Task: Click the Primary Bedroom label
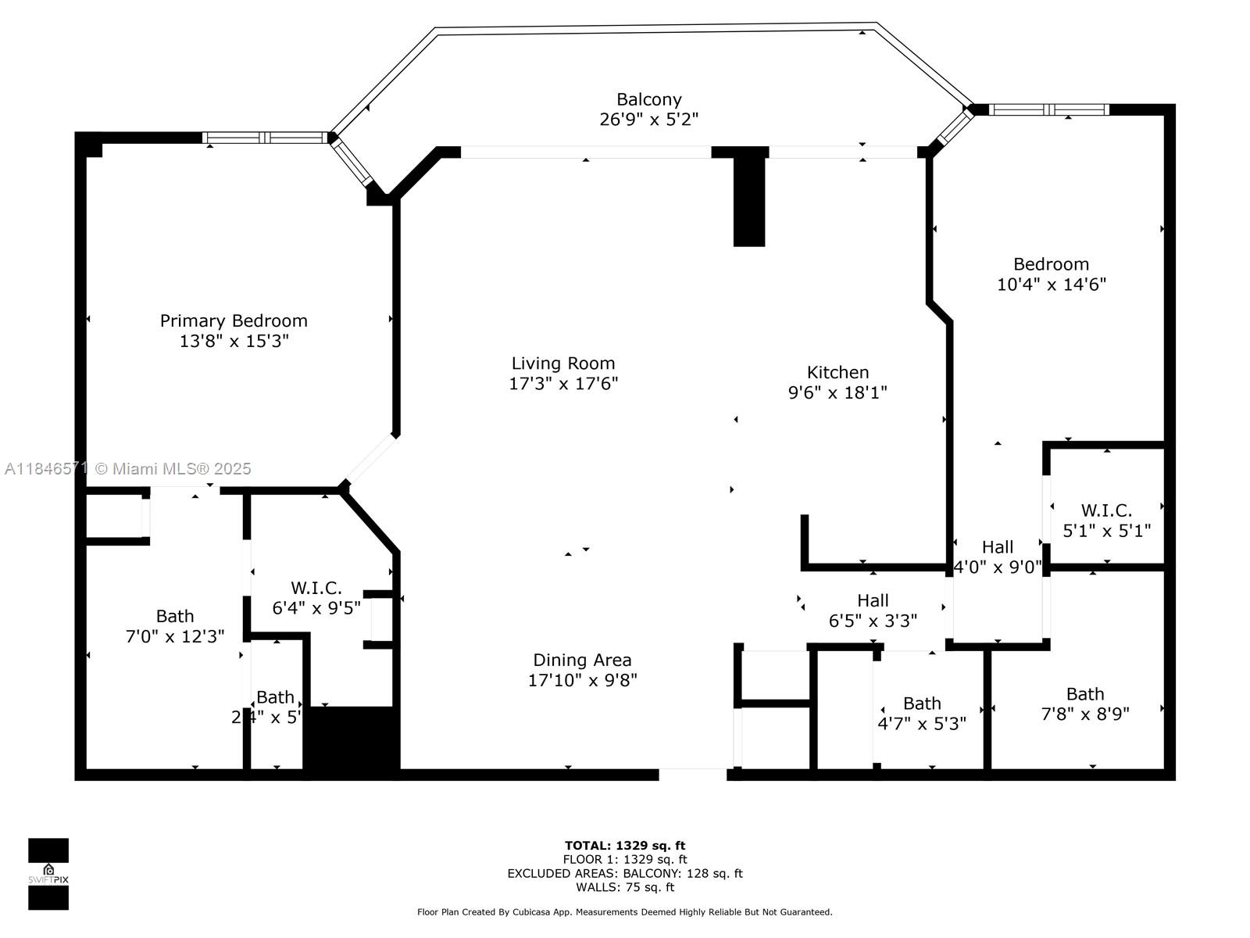click(x=234, y=320)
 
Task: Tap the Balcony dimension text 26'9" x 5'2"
click(x=648, y=120)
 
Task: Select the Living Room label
click(x=563, y=363)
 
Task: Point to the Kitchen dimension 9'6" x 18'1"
click(x=837, y=392)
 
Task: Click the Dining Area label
click(x=582, y=660)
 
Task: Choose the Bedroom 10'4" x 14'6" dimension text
click(x=1051, y=285)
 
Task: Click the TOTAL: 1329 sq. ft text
click(x=625, y=846)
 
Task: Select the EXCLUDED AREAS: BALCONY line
click(x=625, y=874)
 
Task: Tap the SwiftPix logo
click(x=48, y=874)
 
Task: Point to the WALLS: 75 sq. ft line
click(x=625, y=887)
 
